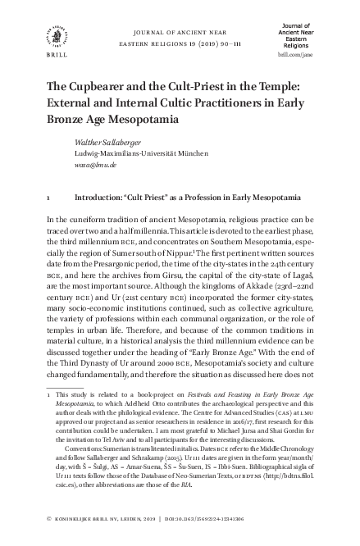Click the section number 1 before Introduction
51,198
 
